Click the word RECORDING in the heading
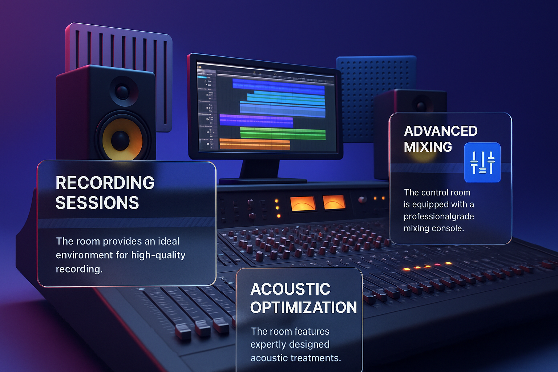coord(105,183)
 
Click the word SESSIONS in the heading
coord(97,202)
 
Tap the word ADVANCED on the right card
coord(441,131)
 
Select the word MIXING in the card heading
coord(428,147)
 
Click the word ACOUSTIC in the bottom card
coord(291,289)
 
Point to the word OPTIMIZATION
coord(303,307)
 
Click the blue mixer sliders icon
coord(482,162)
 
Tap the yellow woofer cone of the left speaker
coord(122,139)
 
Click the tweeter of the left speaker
coord(122,91)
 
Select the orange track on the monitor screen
coord(255,144)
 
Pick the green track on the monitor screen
coord(283,133)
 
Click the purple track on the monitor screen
coord(256,120)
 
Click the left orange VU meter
coord(303,203)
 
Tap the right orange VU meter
coord(334,202)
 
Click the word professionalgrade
coord(439,217)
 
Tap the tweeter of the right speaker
coord(421,106)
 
